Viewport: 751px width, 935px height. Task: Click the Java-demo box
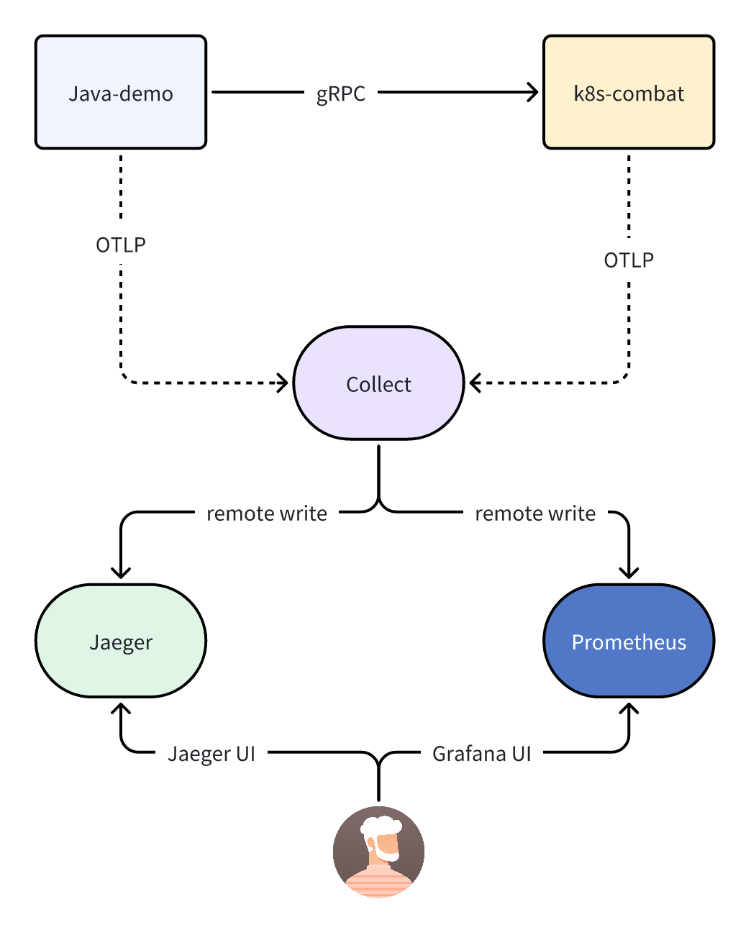[x=121, y=92]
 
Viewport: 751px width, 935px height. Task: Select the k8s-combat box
[x=629, y=92]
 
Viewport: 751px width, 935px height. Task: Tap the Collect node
[x=378, y=383]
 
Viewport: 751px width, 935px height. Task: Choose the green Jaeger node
[x=121, y=641]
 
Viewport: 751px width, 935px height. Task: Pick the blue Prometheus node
[x=629, y=641]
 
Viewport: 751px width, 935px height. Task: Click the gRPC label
[x=341, y=93]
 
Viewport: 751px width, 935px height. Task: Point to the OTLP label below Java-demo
[x=121, y=245]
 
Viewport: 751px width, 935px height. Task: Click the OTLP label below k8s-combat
[x=629, y=260]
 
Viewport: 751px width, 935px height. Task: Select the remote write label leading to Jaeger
[x=266, y=514]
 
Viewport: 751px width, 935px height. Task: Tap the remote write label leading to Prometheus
[x=535, y=514]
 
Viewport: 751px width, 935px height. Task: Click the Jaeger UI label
[x=211, y=754]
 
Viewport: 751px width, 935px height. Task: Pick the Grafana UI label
[x=481, y=754]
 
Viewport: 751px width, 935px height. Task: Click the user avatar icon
[x=378, y=852]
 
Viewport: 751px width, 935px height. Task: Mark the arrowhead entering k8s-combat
[x=533, y=92]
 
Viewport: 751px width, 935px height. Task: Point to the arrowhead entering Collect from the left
[x=283, y=383]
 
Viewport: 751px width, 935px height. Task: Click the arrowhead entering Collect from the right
[x=475, y=383]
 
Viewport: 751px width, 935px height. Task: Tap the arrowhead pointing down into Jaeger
[x=121, y=573]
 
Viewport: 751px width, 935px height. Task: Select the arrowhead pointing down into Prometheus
[x=629, y=573]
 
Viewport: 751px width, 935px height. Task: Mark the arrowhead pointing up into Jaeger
[x=121, y=709]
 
